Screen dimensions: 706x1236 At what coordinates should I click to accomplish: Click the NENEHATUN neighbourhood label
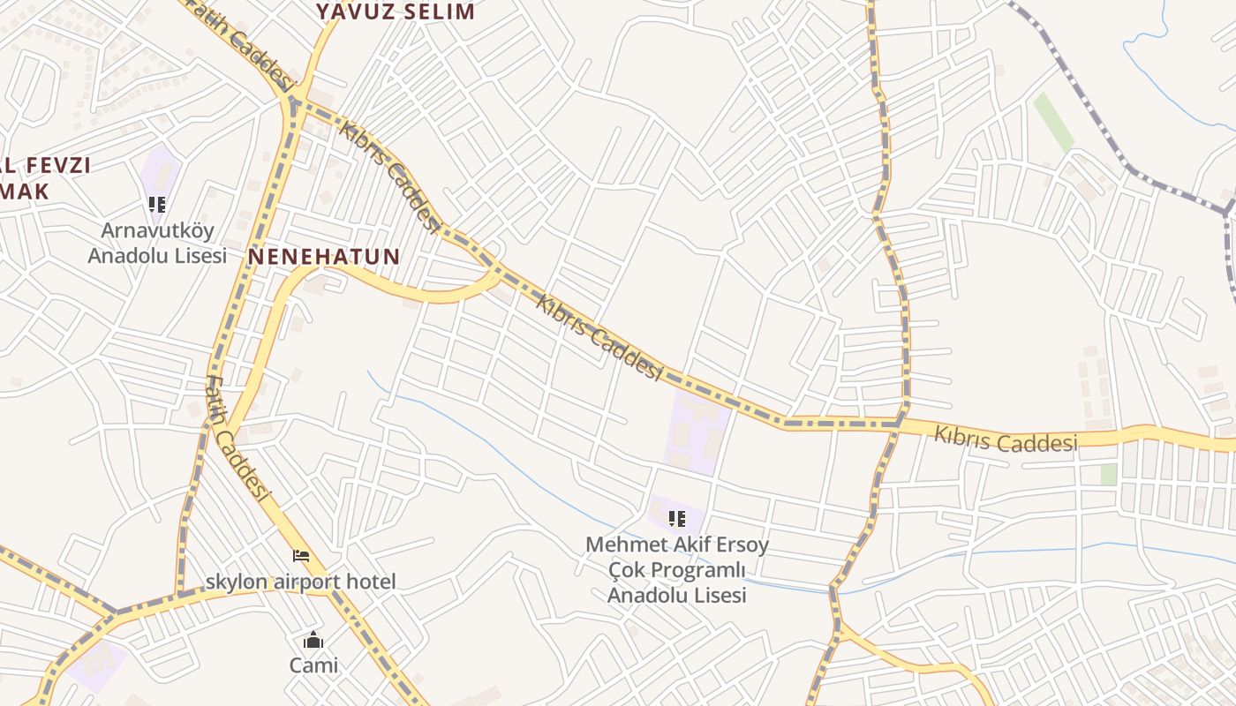(324, 257)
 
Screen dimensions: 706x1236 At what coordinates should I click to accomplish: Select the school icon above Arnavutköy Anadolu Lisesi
(157, 206)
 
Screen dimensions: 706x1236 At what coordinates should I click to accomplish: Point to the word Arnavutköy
(157, 231)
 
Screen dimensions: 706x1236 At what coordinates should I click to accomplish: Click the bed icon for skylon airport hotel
(301, 556)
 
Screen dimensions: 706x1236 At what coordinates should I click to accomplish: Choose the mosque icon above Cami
(313, 641)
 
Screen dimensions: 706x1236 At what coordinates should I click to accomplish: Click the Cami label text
(313, 665)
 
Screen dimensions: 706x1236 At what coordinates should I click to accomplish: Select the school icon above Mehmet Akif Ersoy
(677, 519)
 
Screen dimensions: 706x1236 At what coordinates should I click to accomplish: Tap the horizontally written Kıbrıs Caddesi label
(1006, 439)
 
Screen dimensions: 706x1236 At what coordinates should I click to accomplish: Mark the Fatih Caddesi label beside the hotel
(236, 439)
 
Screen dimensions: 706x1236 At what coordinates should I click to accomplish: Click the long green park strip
(1053, 121)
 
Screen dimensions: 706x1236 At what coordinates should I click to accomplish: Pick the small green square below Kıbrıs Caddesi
(1109, 474)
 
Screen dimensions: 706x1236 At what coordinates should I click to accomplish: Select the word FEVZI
(58, 165)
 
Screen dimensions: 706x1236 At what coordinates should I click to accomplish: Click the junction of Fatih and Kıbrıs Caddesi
(295, 104)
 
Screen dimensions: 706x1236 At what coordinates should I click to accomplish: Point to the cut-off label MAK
(25, 191)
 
